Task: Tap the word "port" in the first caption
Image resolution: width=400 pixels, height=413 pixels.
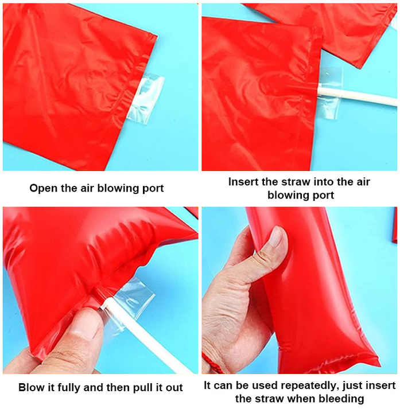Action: pyautogui.click(x=152, y=188)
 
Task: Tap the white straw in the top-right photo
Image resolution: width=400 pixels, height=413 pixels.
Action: pyautogui.click(x=362, y=95)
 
